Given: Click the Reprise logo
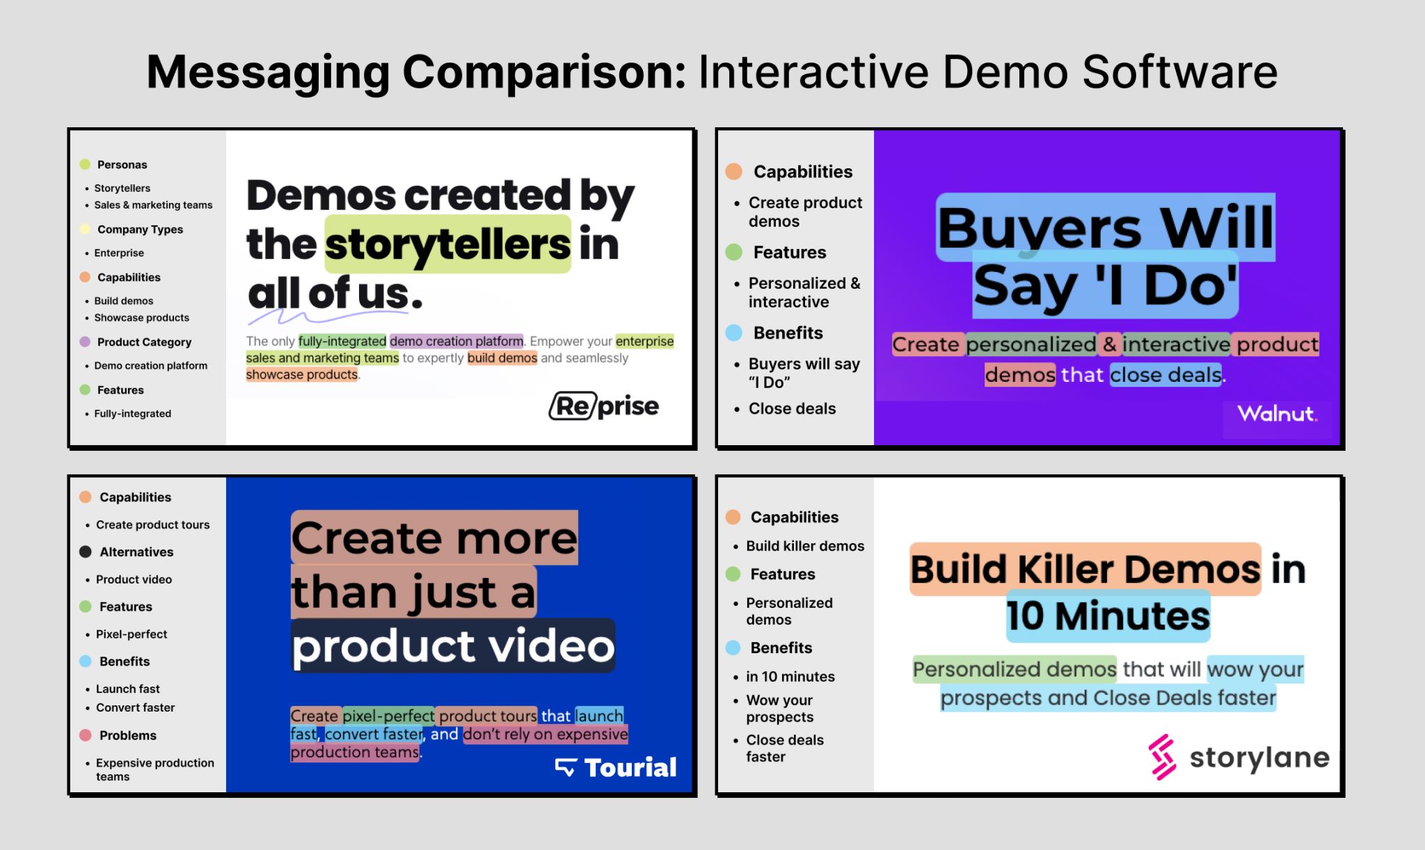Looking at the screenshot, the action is pos(603,406).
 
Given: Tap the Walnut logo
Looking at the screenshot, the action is pos(1277,414).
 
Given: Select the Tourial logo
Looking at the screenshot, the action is pos(616,767).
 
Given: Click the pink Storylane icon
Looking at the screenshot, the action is pos(1162,757).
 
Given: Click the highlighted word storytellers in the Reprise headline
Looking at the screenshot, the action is pos(447,244).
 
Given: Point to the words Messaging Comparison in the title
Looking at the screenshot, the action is pos(417,72).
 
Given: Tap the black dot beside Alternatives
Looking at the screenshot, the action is pos(86,552).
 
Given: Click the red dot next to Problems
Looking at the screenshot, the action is pos(86,735).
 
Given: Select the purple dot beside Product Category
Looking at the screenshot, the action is pos(85,342).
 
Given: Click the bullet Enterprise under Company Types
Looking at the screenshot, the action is pos(119,253).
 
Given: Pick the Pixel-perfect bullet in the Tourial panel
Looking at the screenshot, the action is pos(132,634).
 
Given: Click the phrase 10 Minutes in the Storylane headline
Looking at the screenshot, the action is pos(1108,616).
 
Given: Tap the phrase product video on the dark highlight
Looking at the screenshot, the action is pos(453,646).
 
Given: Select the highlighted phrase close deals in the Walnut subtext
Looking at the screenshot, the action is pos(1165,375).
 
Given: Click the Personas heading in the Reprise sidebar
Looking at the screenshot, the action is pos(122,165).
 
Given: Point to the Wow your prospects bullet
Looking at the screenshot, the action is pos(779,708).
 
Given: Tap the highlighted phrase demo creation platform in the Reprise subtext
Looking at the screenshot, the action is pos(456,341).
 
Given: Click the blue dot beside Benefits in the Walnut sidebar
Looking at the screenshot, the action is pos(734,332).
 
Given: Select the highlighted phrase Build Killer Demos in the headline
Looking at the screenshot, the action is pos(1085,569).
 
